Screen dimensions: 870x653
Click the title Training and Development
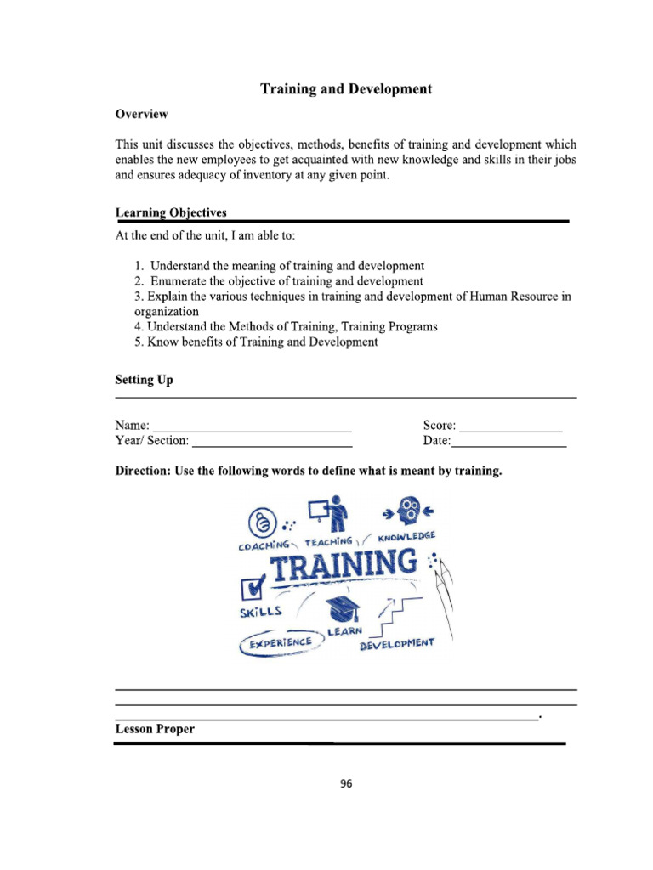coord(345,88)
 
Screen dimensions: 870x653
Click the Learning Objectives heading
coord(170,212)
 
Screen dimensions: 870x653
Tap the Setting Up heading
coord(144,380)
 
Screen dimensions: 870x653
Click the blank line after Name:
coord(252,426)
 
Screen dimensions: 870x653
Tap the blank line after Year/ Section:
coord(271,441)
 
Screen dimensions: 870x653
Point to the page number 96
coord(345,784)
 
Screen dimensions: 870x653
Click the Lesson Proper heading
coord(155,729)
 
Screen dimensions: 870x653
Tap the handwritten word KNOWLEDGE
coord(406,536)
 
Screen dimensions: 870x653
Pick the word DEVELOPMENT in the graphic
coord(396,645)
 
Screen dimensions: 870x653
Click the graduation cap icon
coord(345,607)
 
